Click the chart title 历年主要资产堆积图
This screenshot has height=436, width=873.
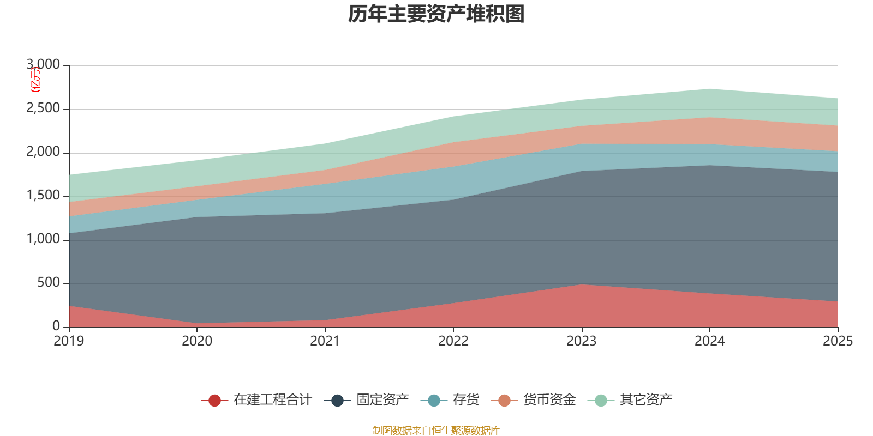436,14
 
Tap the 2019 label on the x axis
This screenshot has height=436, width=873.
69,341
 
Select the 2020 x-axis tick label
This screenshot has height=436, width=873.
197,341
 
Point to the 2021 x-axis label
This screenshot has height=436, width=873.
325,341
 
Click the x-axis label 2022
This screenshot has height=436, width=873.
453,341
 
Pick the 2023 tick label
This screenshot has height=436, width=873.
582,341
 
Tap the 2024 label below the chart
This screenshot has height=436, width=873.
709,341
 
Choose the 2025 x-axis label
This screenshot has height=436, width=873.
838,341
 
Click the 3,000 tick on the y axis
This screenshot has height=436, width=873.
44,65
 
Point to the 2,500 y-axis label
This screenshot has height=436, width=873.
44,108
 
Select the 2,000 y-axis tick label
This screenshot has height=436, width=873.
44,152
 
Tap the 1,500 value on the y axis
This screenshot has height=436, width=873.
44,196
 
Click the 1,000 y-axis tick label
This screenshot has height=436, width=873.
44,239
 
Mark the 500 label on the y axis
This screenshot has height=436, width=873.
49,283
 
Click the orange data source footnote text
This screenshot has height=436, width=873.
436,431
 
